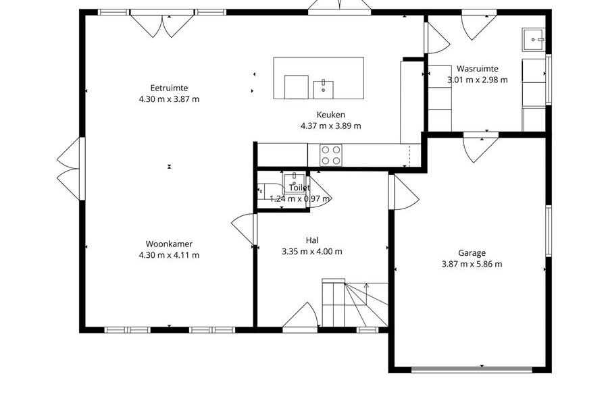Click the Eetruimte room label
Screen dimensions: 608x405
[169, 88]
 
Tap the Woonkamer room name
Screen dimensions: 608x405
[169, 244]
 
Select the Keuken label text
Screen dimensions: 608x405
[331, 115]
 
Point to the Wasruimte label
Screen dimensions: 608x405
[478, 69]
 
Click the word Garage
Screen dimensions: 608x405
[472, 253]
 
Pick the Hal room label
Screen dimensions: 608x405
[312, 240]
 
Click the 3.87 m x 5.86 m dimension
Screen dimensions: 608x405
[472, 265]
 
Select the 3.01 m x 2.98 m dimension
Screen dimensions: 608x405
[478, 80]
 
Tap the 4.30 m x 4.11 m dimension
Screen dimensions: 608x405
[169, 255]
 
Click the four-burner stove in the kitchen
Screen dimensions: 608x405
[331, 155]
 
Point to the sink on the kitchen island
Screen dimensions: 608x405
[324, 90]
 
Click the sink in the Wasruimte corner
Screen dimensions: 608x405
[534, 40]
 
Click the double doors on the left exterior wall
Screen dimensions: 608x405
[70, 169]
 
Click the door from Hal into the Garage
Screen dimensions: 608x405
[404, 192]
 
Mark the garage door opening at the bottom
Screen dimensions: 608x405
[472, 370]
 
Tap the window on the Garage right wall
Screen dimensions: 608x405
[549, 231]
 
